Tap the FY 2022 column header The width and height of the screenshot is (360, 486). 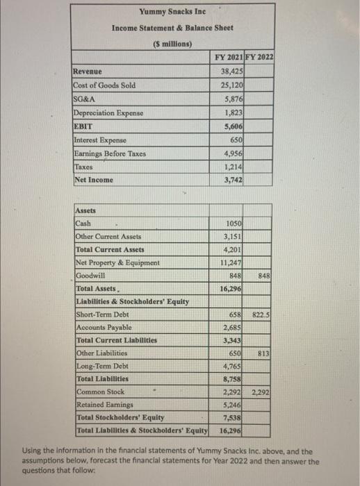[x=259, y=58]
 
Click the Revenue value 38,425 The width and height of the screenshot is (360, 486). [x=231, y=72]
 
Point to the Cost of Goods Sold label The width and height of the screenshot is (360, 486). [x=105, y=85]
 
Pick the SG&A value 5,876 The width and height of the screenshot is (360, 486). [x=232, y=99]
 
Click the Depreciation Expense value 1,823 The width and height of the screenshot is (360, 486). [x=232, y=112]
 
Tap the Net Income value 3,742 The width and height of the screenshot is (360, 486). [x=232, y=180]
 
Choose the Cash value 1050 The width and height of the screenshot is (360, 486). [x=234, y=223]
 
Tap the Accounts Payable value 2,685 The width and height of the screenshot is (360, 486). [x=232, y=328]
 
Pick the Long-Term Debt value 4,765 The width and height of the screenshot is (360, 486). [x=232, y=367]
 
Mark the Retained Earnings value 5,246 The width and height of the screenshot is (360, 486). [x=232, y=405]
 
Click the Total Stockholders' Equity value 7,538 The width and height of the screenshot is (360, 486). [x=232, y=418]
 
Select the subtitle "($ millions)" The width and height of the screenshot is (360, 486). [x=172, y=44]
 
